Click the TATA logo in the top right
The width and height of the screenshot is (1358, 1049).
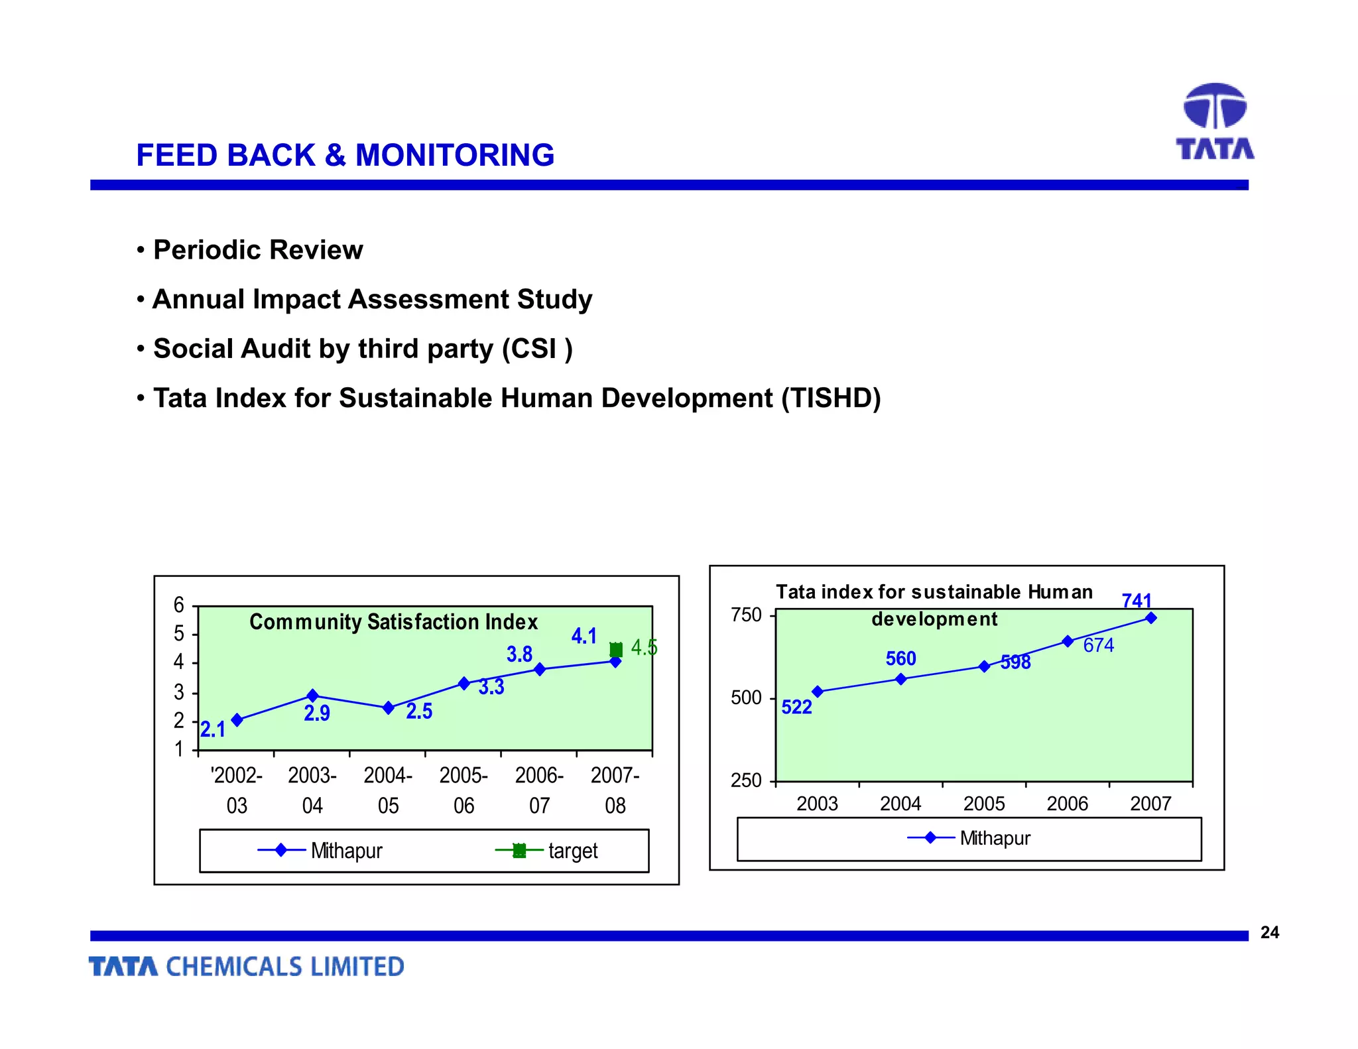pos(1215,121)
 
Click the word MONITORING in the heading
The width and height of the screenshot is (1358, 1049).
pos(454,155)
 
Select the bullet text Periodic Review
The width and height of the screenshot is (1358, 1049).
pos(258,250)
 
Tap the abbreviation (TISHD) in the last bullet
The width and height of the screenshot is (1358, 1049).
pos(831,398)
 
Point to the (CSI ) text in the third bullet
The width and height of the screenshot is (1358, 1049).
pos(537,349)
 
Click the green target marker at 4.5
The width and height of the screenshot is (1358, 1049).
pos(616,649)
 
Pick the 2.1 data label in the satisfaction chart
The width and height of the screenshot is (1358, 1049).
pos(213,729)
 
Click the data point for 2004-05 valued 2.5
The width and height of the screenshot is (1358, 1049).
pos(389,708)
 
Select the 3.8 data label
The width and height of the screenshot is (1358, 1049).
pos(519,654)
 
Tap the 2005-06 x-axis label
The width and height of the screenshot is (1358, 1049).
pos(463,790)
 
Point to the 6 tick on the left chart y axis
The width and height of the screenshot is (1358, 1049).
pos(178,605)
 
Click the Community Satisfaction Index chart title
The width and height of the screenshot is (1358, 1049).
pos(393,622)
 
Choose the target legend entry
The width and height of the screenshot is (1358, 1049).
pos(572,851)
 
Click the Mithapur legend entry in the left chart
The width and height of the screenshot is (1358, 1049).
pos(346,851)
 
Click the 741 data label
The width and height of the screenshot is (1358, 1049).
pos(1136,601)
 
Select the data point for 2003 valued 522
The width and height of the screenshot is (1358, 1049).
pos(818,692)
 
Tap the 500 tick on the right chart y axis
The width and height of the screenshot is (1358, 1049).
pos(746,698)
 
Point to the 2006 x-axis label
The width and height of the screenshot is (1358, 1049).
pos(1067,804)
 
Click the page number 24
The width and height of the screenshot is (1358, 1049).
pos(1269,932)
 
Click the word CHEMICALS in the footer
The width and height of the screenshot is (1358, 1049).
pos(235,967)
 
